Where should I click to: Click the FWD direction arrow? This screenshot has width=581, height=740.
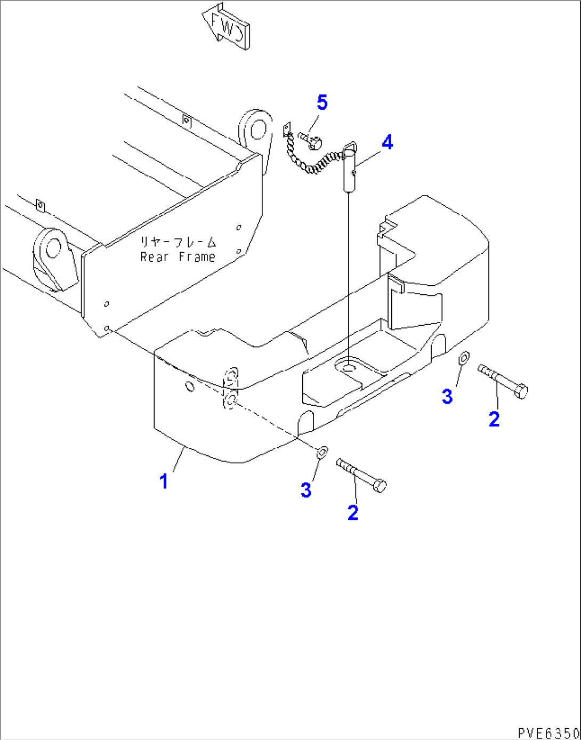click(225, 27)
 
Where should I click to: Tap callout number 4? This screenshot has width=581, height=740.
click(388, 142)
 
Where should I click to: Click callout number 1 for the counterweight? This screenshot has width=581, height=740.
click(164, 481)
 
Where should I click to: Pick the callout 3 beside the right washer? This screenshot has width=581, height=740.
click(447, 396)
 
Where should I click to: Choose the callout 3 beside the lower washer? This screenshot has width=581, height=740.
click(306, 489)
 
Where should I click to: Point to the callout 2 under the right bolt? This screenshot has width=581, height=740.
click(494, 419)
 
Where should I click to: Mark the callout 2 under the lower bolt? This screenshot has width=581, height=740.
click(353, 512)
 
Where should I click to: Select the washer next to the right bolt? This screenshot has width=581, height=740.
click(464, 357)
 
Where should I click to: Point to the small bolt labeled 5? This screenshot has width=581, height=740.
click(311, 140)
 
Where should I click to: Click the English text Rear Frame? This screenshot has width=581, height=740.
click(177, 257)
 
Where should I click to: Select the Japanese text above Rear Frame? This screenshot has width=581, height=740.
click(178, 243)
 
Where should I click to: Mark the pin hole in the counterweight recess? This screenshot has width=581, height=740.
click(349, 368)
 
